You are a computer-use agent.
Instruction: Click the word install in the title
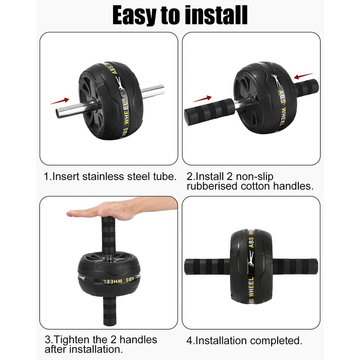point(216,15)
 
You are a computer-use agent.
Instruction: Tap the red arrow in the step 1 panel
point(60,101)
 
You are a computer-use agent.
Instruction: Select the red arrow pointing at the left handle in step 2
point(202,99)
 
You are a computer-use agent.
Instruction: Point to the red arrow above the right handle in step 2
point(303,76)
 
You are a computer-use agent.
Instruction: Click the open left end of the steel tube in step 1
point(58,114)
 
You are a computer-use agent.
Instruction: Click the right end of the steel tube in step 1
point(163,90)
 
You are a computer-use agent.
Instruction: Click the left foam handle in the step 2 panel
point(209,112)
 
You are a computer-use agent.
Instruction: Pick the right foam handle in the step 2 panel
point(307,88)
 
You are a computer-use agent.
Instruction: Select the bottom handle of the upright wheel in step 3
point(110,311)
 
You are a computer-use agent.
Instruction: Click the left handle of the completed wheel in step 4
point(208,266)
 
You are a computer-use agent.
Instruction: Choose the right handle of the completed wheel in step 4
point(295,266)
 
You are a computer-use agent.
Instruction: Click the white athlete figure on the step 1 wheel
point(120,83)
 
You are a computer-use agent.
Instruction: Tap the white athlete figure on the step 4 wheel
point(251,258)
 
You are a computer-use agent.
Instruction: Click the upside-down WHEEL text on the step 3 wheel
point(113,281)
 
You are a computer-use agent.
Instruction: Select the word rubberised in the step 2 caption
point(212,186)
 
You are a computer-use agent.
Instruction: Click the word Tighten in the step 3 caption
point(71,340)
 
